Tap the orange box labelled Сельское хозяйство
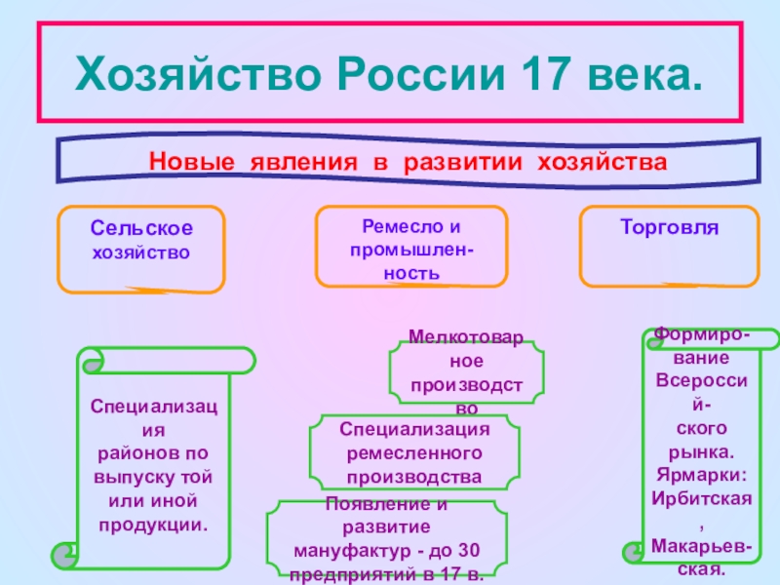[141, 248]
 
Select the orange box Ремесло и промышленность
[411, 246]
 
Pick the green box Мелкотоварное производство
[467, 371]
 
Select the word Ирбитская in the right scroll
[701, 496]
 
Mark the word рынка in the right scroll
[701, 453]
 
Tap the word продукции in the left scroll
[153, 525]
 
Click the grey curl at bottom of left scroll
[64, 557]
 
